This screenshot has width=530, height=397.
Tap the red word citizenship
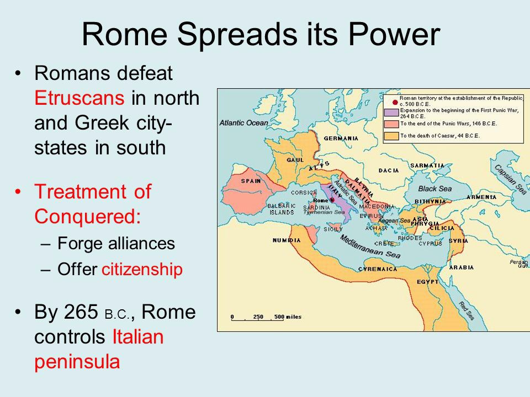point(142,270)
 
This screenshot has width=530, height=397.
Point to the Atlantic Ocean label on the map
point(243,123)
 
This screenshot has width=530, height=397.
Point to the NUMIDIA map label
point(287,240)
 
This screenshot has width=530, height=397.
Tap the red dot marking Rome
point(332,200)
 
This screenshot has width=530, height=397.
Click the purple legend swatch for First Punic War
point(391,112)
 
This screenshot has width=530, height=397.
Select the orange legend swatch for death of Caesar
point(391,135)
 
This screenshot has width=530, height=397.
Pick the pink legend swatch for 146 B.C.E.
point(391,124)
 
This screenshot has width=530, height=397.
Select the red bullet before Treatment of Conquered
point(19,192)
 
